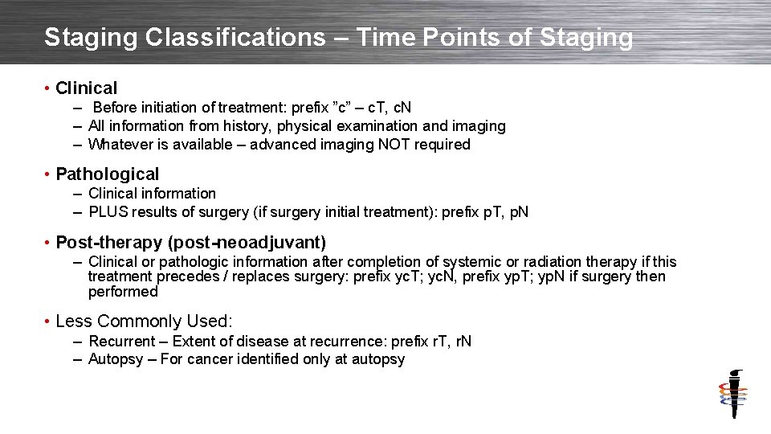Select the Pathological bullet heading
coord(108,174)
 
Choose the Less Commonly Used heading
coord(143,321)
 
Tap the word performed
coord(123,292)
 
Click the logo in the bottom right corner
coord(732,395)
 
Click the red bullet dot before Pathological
coord(48,174)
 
